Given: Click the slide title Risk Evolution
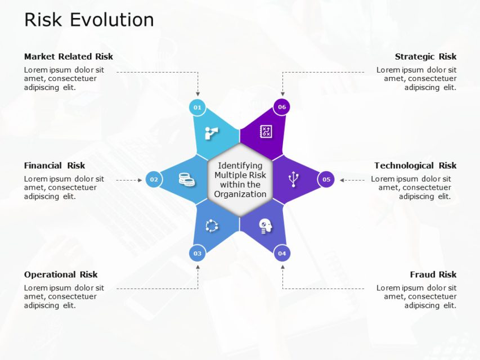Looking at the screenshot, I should click(89, 20).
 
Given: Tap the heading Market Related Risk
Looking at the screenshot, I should click(69, 56).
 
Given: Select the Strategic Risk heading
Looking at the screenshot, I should click(425, 56).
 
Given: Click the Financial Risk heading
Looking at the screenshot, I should click(55, 165).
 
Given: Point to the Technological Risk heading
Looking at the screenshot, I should click(415, 165).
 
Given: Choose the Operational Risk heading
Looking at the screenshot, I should click(61, 274).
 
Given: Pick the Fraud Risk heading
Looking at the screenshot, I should click(433, 274).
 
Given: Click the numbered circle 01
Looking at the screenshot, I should click(198, 107).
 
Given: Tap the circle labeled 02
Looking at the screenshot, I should click(154, 179).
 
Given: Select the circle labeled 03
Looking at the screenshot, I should click(198, 254).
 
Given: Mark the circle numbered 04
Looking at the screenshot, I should click(282, 254).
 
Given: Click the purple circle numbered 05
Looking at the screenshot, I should click(326, 179).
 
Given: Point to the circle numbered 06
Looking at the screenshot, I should click(282, 107).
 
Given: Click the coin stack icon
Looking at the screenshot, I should click(186, 179).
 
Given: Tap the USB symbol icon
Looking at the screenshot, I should click(293, 179).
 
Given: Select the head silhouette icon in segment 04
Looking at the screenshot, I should click(266, 226).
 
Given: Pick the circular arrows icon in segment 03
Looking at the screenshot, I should click(212, 226).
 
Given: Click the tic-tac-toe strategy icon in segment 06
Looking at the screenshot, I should click(266, 132).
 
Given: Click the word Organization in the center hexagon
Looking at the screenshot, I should click(240, 194).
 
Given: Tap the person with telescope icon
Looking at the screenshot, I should click(212, 133).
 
